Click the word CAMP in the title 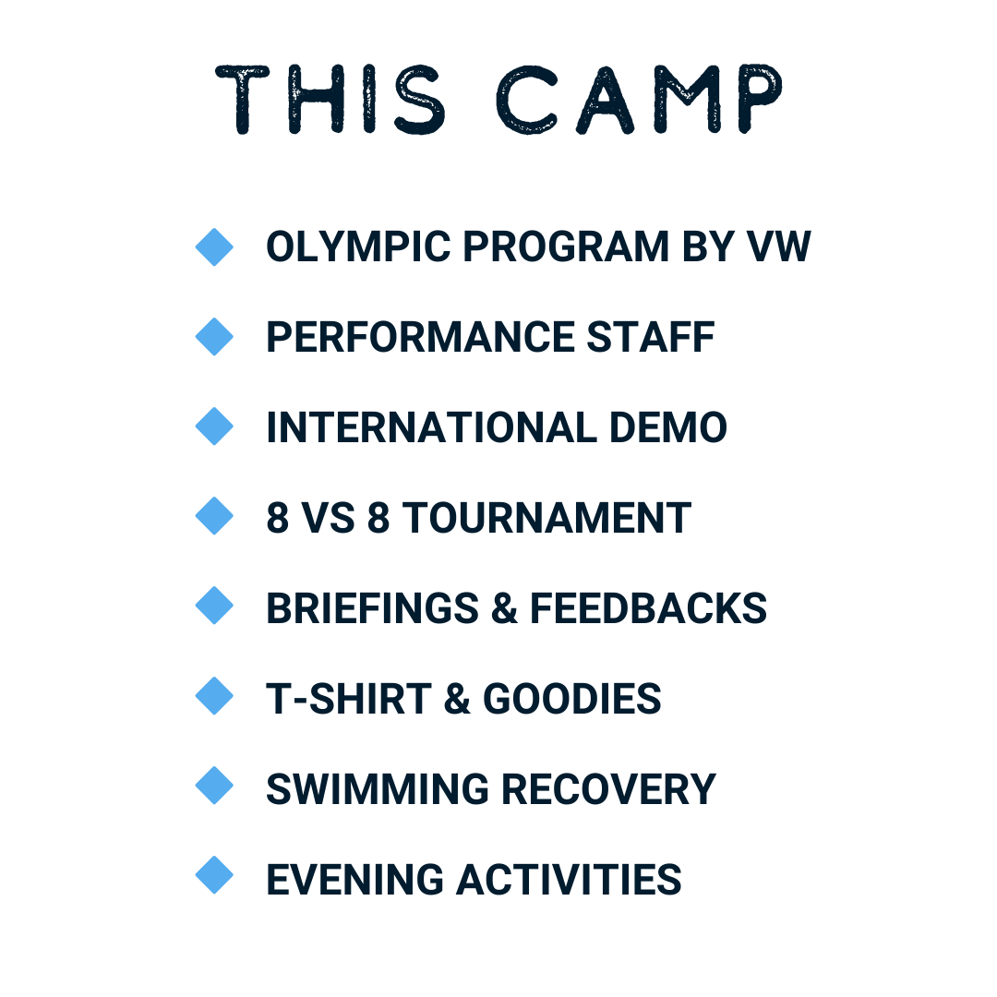639,99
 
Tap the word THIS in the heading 330,99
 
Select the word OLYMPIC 358,246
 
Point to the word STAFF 651,337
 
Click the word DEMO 668,427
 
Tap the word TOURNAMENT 547,518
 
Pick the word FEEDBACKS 649,608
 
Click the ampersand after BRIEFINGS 504,608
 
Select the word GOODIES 572,699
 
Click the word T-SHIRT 348,699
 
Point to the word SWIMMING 378,789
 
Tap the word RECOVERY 609,789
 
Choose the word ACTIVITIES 569,880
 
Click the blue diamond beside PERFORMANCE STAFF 214,336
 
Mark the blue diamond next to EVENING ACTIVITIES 214,875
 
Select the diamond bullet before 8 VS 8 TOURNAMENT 214,516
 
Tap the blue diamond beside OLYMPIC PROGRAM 214,246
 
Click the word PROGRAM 566,246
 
